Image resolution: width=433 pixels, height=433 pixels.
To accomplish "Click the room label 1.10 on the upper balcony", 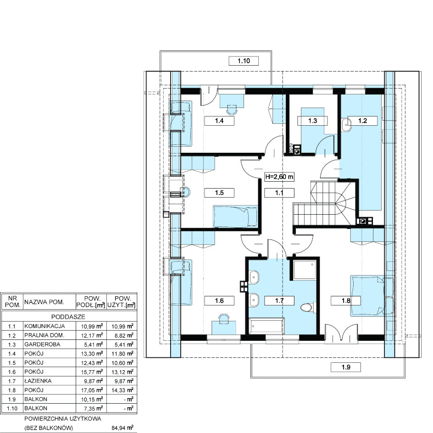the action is pyautogui.click(x=244, y=61).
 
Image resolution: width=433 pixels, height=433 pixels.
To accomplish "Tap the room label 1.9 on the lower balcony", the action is pyautogui.click(x=346, y=367).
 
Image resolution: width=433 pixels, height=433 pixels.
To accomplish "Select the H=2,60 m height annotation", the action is pyautogui.click(x=279, y=177).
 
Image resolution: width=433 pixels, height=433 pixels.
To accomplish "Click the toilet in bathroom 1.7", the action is pyautogui.click(x=307, y=307).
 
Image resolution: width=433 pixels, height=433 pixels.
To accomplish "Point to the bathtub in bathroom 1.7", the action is pyautogui.click(x=266, y=326).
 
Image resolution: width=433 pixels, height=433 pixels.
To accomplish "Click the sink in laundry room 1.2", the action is pyautogui.click(x=346, y=125).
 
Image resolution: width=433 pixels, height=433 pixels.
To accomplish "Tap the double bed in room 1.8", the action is pyautogui.click(x=372, y=296).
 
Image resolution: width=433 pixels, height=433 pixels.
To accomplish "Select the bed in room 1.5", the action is pyautogui.click(x=235, y=216).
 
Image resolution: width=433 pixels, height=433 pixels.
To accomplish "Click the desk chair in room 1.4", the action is pyautogui.click(x=232, y=110).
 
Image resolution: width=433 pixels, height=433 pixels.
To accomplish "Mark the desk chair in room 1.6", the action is pyautogui.click(x=224, y=317).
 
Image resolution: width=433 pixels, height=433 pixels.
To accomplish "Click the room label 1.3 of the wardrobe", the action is pyautogui.click(x=312, y=121).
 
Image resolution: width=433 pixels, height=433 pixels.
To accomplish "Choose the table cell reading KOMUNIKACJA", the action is pyautogui.click(x=44, y=326).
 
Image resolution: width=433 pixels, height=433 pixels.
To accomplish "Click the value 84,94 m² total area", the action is pyautogui.click(x=122, y=428).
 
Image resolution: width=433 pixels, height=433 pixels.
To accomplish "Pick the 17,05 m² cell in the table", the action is pyautogui.click(x=92, y=390).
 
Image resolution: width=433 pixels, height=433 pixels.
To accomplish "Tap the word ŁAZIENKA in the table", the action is pyautogui.click(x=38, y=381).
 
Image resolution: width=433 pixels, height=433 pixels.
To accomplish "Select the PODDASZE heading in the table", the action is pyautogui.click(x=68, y=317).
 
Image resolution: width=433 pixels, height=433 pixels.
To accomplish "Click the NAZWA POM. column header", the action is pyautogui.click(x=44, y=302).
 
